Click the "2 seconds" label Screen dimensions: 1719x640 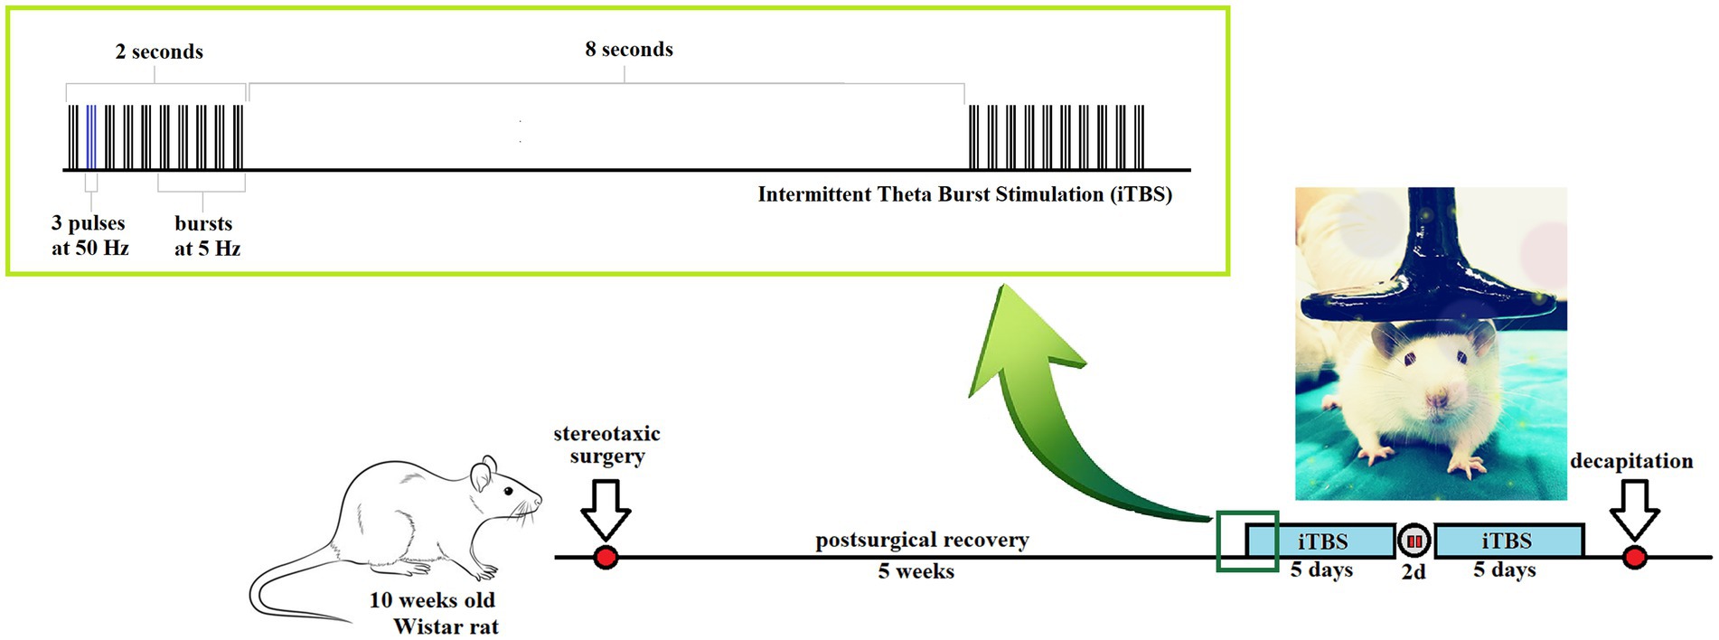tap(159, 52)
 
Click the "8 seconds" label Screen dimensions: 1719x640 tap(629, 50)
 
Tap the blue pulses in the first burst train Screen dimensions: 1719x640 tap(91, 136)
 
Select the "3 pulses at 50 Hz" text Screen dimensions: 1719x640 tap(89, 235)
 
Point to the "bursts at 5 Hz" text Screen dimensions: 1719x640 tap(207, 235)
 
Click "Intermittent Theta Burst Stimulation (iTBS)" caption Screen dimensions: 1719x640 tap(964, 194)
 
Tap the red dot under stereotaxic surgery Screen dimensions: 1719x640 tap(606, 558)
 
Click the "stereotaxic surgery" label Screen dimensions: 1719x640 tap(606, 445)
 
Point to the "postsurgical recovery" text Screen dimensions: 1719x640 tap(922, 540)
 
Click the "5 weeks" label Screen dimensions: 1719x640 tap(916, 571)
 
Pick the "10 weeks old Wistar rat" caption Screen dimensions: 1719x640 tap(434, 613)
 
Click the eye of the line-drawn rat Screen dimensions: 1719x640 tap(508, 492)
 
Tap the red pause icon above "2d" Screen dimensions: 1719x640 tap(1414, 541)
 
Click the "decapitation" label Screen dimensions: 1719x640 tap(1631, 461)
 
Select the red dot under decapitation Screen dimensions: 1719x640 tap(1634, 558)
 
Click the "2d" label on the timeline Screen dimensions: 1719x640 tap(1414, 572)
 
